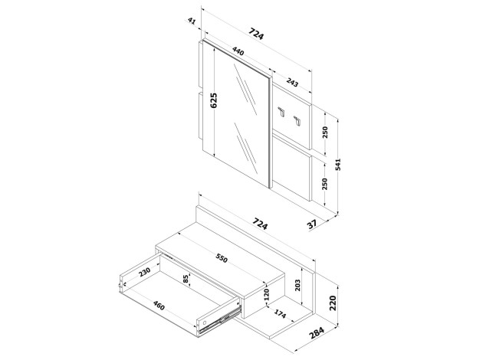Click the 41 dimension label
click(192, 21)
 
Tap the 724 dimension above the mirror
click(256, 34)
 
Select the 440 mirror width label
click(238, 51)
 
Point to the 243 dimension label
click(292, 82)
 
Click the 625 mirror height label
click(213, 100)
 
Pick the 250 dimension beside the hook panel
click(324, 132)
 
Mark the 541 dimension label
click(338, 165)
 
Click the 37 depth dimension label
click(312, 224)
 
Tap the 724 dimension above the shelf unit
click(260, 224)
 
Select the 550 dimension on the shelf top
click(222, 258)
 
